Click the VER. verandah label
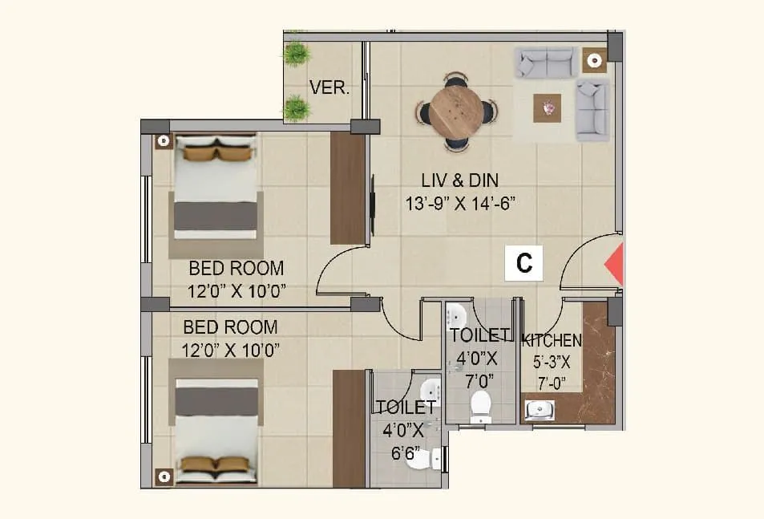[x=329, y=88]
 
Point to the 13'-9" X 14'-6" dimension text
[x=459, y=203]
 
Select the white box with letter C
[x=523, y=263]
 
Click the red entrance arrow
[x=614, y=265]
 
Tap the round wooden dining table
[x=456, y=112]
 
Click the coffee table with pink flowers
[x=548, y=107]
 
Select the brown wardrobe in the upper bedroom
[x=348, y=189]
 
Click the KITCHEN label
[x=552, y=341]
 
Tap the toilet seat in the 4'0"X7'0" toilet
[x=481, y=406]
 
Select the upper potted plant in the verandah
[x=297, y=54]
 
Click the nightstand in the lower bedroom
[x=164, y=476]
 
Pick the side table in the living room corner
[x=594, y=61]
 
